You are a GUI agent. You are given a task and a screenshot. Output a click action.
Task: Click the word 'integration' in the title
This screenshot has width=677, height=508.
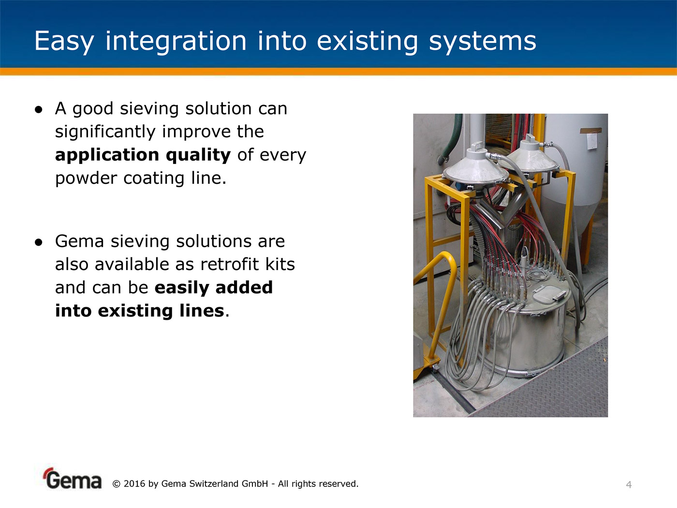coord(176,41)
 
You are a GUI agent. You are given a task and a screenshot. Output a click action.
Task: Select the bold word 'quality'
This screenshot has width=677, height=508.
coord(198,155)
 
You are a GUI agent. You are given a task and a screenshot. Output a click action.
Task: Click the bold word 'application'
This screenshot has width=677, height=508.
coord(107,155)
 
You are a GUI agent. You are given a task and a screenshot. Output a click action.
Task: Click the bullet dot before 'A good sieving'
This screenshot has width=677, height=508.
coord(39,109)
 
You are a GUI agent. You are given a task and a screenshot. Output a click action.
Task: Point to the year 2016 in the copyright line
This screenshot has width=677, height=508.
coord(134,484)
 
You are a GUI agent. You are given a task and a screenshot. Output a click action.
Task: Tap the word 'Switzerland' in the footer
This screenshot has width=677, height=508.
coord(213,484)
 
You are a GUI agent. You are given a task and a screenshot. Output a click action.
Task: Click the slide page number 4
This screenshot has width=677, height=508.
coord(629,485)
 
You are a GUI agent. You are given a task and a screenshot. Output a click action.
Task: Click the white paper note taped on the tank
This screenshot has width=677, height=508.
coord(592,141)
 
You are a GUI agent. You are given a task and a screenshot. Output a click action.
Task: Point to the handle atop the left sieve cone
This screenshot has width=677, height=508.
coord(477,146)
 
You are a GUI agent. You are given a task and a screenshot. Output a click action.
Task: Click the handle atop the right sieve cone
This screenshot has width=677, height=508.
coord(530,137)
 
